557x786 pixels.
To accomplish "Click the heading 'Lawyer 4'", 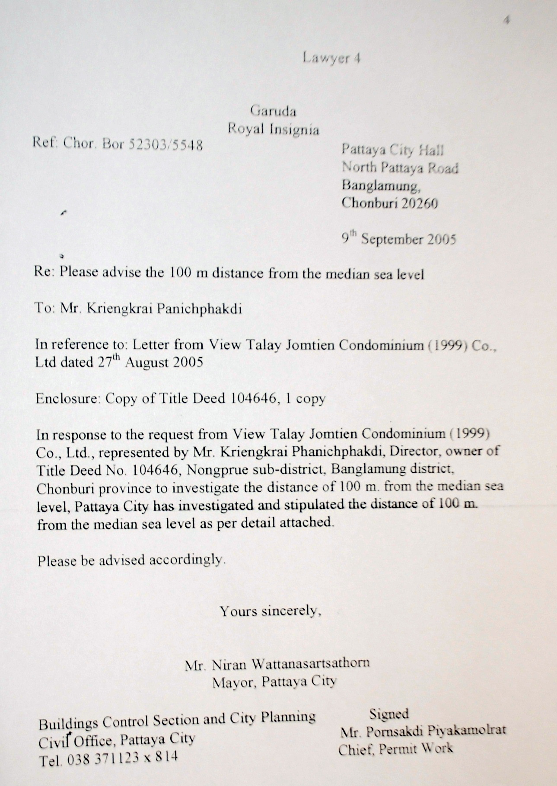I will click(331, 58).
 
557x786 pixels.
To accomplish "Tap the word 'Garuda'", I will click(273, 111).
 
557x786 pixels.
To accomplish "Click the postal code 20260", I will click(419, 203).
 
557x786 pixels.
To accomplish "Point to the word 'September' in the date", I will click(392, 239).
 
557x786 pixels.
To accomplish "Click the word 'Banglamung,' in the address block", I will click(380, 185).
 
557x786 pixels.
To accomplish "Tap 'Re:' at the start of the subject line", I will click(45, 272).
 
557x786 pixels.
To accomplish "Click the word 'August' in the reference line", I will click(146, 362).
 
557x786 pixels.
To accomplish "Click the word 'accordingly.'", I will click(188, 560).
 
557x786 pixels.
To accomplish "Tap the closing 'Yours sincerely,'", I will click(271, 611).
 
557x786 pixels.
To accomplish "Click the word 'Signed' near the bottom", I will click(389, 714).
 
